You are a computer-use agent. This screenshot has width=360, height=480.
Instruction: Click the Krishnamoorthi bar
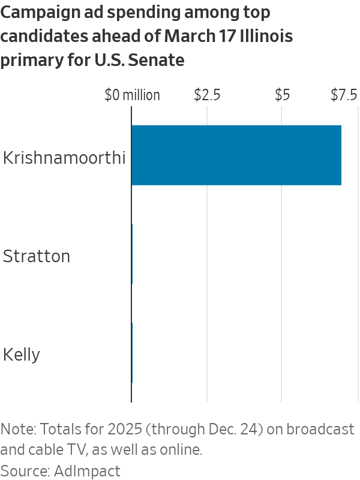tap(236, 155)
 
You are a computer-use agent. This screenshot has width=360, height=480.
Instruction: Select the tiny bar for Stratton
tap(132, 254)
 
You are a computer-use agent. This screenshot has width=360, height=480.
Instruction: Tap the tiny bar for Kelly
tap(132, 353)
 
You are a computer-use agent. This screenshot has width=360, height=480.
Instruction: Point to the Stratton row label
tap(37, 256)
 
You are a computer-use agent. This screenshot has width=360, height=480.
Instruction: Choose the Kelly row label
tap(22, 355)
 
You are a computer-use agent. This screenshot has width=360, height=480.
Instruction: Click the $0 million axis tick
tap(132, 95)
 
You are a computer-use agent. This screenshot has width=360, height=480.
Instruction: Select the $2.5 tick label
tap(207, 95)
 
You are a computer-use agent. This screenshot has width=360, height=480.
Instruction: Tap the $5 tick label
tap(282, 95)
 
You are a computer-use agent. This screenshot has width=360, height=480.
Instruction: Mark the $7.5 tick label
tap(344, 95)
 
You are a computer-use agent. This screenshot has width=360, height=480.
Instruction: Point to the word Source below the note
tap(26, 470)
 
